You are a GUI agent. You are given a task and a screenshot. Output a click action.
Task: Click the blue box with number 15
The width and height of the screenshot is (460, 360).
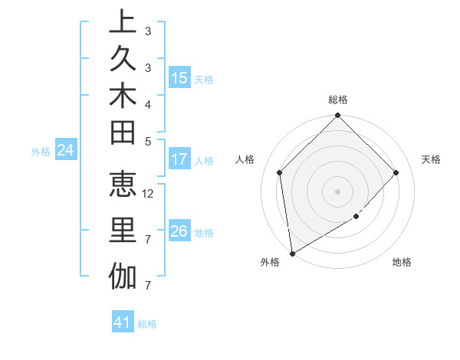click(x=179, y=77)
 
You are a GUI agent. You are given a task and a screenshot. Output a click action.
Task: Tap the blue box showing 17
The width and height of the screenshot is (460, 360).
click(x=179, y=159)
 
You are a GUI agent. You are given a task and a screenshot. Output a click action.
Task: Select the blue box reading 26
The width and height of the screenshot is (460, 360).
click(x=179, y=231)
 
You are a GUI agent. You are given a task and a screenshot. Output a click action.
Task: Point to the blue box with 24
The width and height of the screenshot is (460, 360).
click(x=66, y=150)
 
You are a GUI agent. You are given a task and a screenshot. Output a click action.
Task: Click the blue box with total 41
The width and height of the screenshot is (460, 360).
click(x=123, y=322)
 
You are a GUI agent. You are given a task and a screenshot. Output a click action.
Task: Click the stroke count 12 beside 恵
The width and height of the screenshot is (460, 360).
click(x=149, y=193)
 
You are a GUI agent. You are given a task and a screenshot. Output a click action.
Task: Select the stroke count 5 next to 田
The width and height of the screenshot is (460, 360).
click(x=148, y=141)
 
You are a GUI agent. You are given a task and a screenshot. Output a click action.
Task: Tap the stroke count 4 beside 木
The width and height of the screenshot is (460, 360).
click(x=148, y=103)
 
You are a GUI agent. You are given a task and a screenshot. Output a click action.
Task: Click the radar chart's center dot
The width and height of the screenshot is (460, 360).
click(x=337, y=191)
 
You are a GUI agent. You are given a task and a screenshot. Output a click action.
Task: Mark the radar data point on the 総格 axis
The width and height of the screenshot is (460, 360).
click(x=337, y=116)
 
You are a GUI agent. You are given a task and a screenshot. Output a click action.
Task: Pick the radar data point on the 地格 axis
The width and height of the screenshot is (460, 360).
click(x=356, y=217)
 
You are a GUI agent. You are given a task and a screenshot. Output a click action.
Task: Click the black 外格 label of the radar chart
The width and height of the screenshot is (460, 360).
click(x=270, y=262)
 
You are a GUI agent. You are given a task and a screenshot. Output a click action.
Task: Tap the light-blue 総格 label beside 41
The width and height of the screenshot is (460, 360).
click(x=147, y=324)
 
